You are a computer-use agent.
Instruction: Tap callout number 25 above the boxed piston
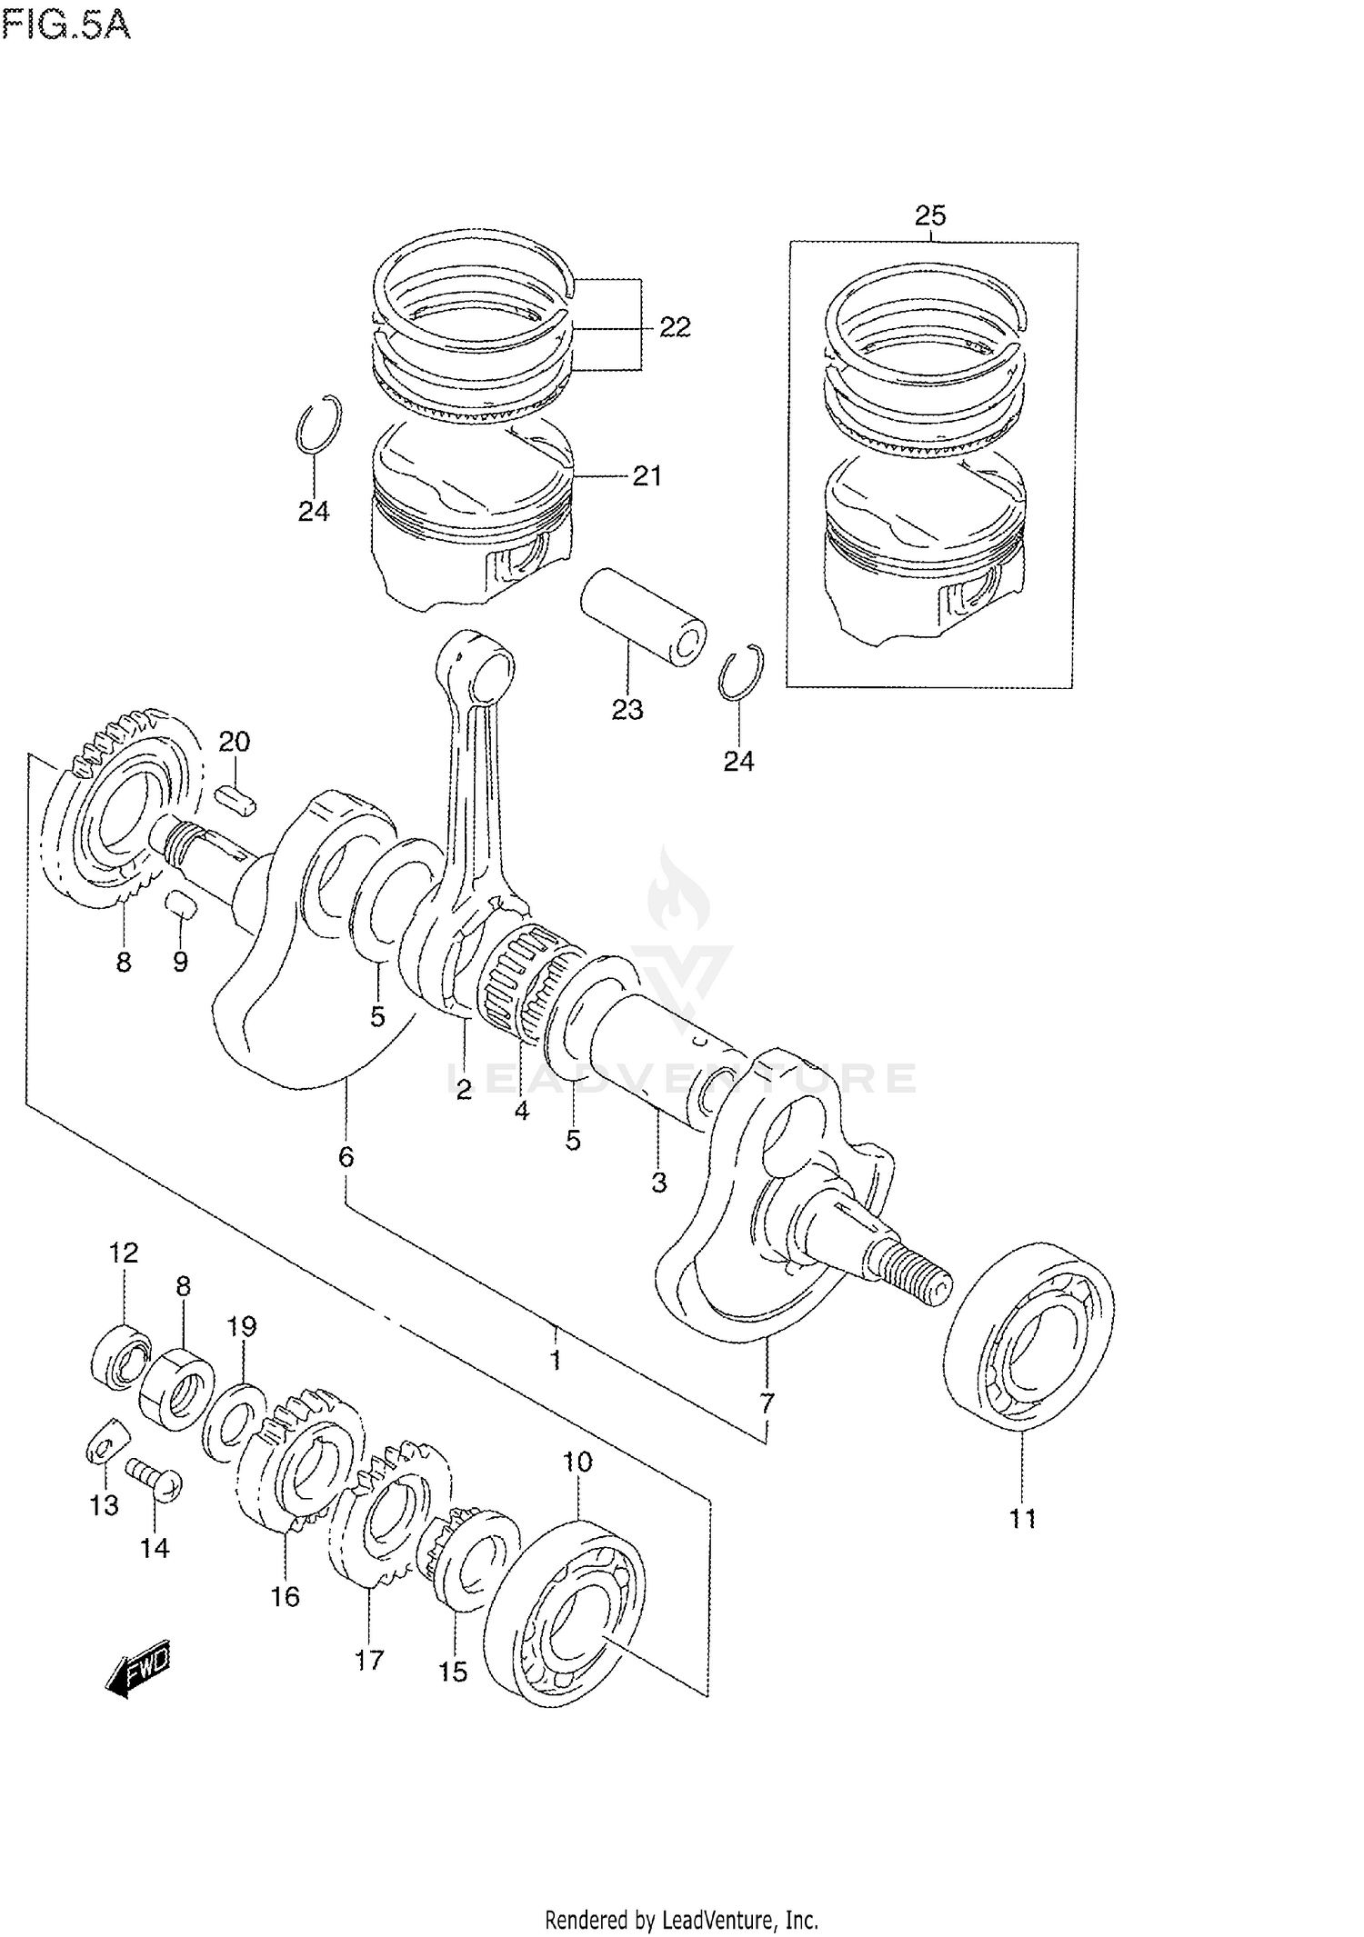(x=930, y=215)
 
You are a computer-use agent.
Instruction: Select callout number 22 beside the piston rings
(x=675, y=326)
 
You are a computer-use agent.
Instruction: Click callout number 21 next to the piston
(x=647, y=475)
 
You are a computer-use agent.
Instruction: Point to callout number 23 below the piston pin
(x=627, y=709)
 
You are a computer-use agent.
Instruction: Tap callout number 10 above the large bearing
(x=577, y=1463)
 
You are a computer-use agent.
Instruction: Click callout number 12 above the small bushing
(x=124, y=1253)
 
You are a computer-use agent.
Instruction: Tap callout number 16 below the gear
(x=285, y=1596)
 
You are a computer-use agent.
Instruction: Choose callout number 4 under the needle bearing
(x=522, y=1110)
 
